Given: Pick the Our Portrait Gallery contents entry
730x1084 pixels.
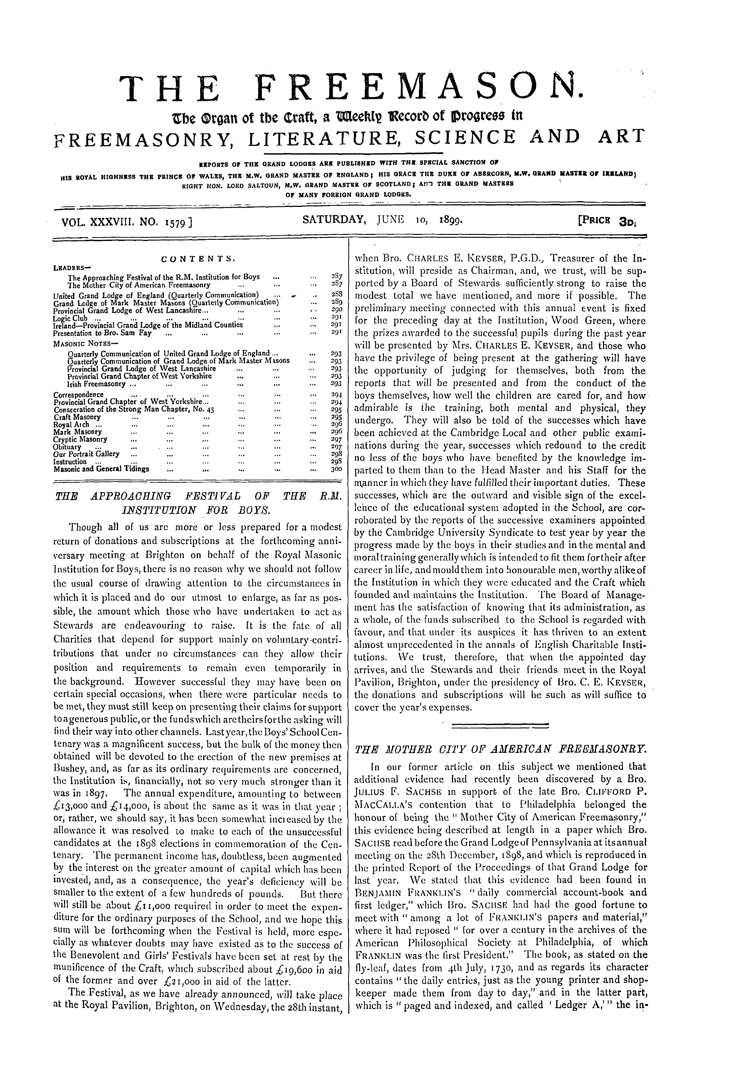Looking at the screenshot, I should point(86,454).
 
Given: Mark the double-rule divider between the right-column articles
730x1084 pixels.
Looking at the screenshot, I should point(500,725).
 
